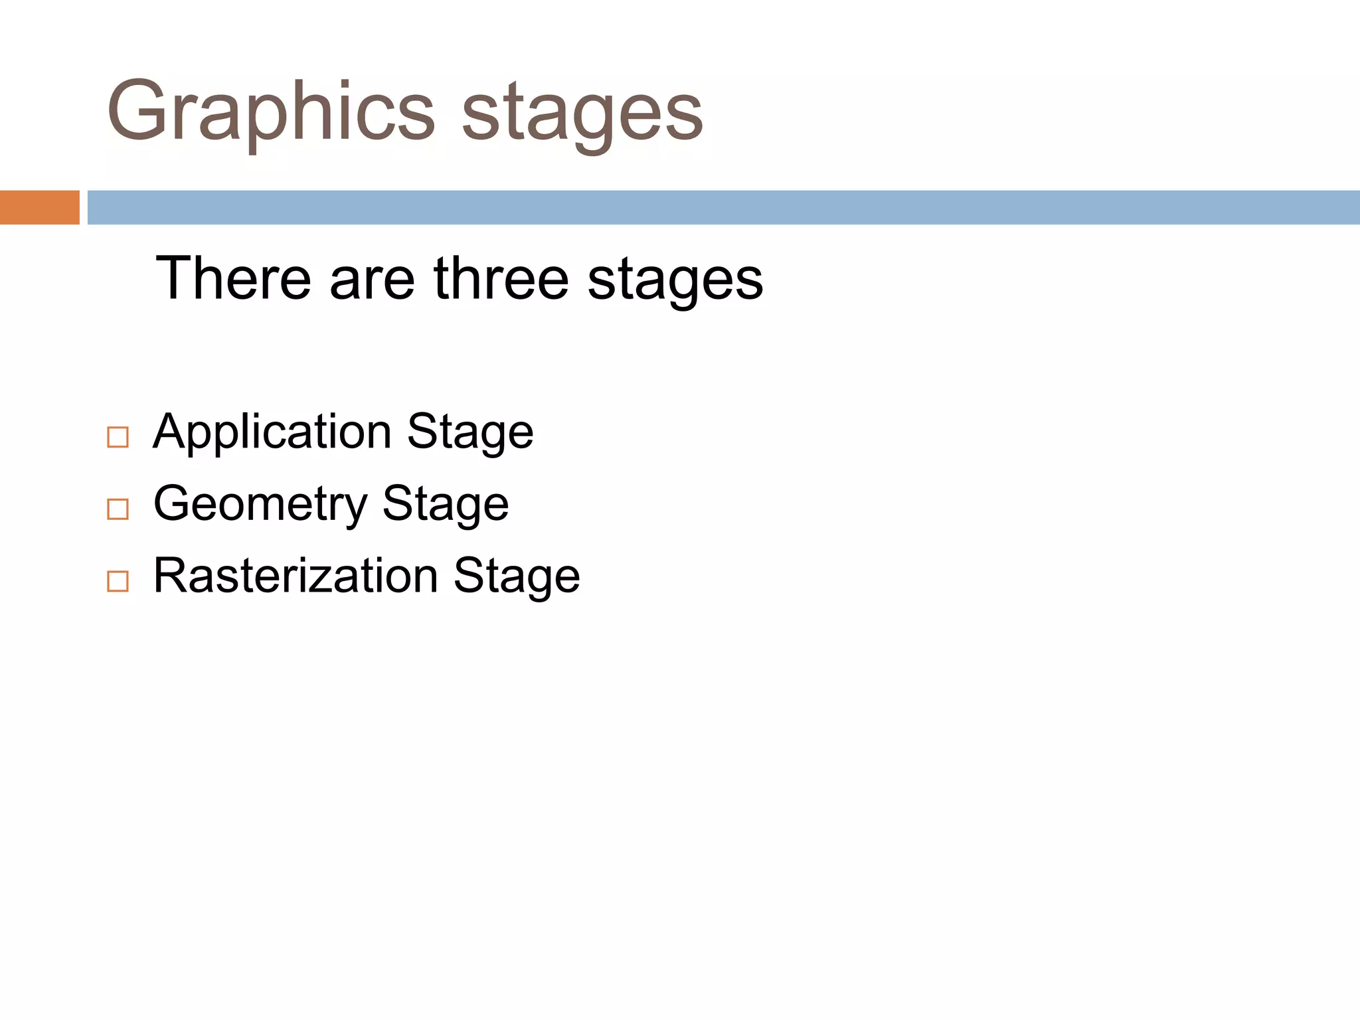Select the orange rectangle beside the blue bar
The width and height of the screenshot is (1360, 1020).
click(x=39, y=207)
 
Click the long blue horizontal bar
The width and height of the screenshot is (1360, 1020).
click(x=723, y=207)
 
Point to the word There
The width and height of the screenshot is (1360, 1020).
click(x=233, y=278)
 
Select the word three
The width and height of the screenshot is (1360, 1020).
click(x=501, y=278)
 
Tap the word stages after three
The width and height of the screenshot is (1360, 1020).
click(x=675, y=282)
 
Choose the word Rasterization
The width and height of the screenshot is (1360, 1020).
click(x=296, y=575)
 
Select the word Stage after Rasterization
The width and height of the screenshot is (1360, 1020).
click(x=517, y=576)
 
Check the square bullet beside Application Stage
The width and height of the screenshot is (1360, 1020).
click(x=118, y=437)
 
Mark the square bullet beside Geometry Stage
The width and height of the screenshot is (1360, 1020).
click(x=118, y=509)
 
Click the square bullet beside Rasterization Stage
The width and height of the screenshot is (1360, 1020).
click(x=118, y=581)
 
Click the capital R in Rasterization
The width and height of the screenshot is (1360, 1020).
click(x=170, y=575)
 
